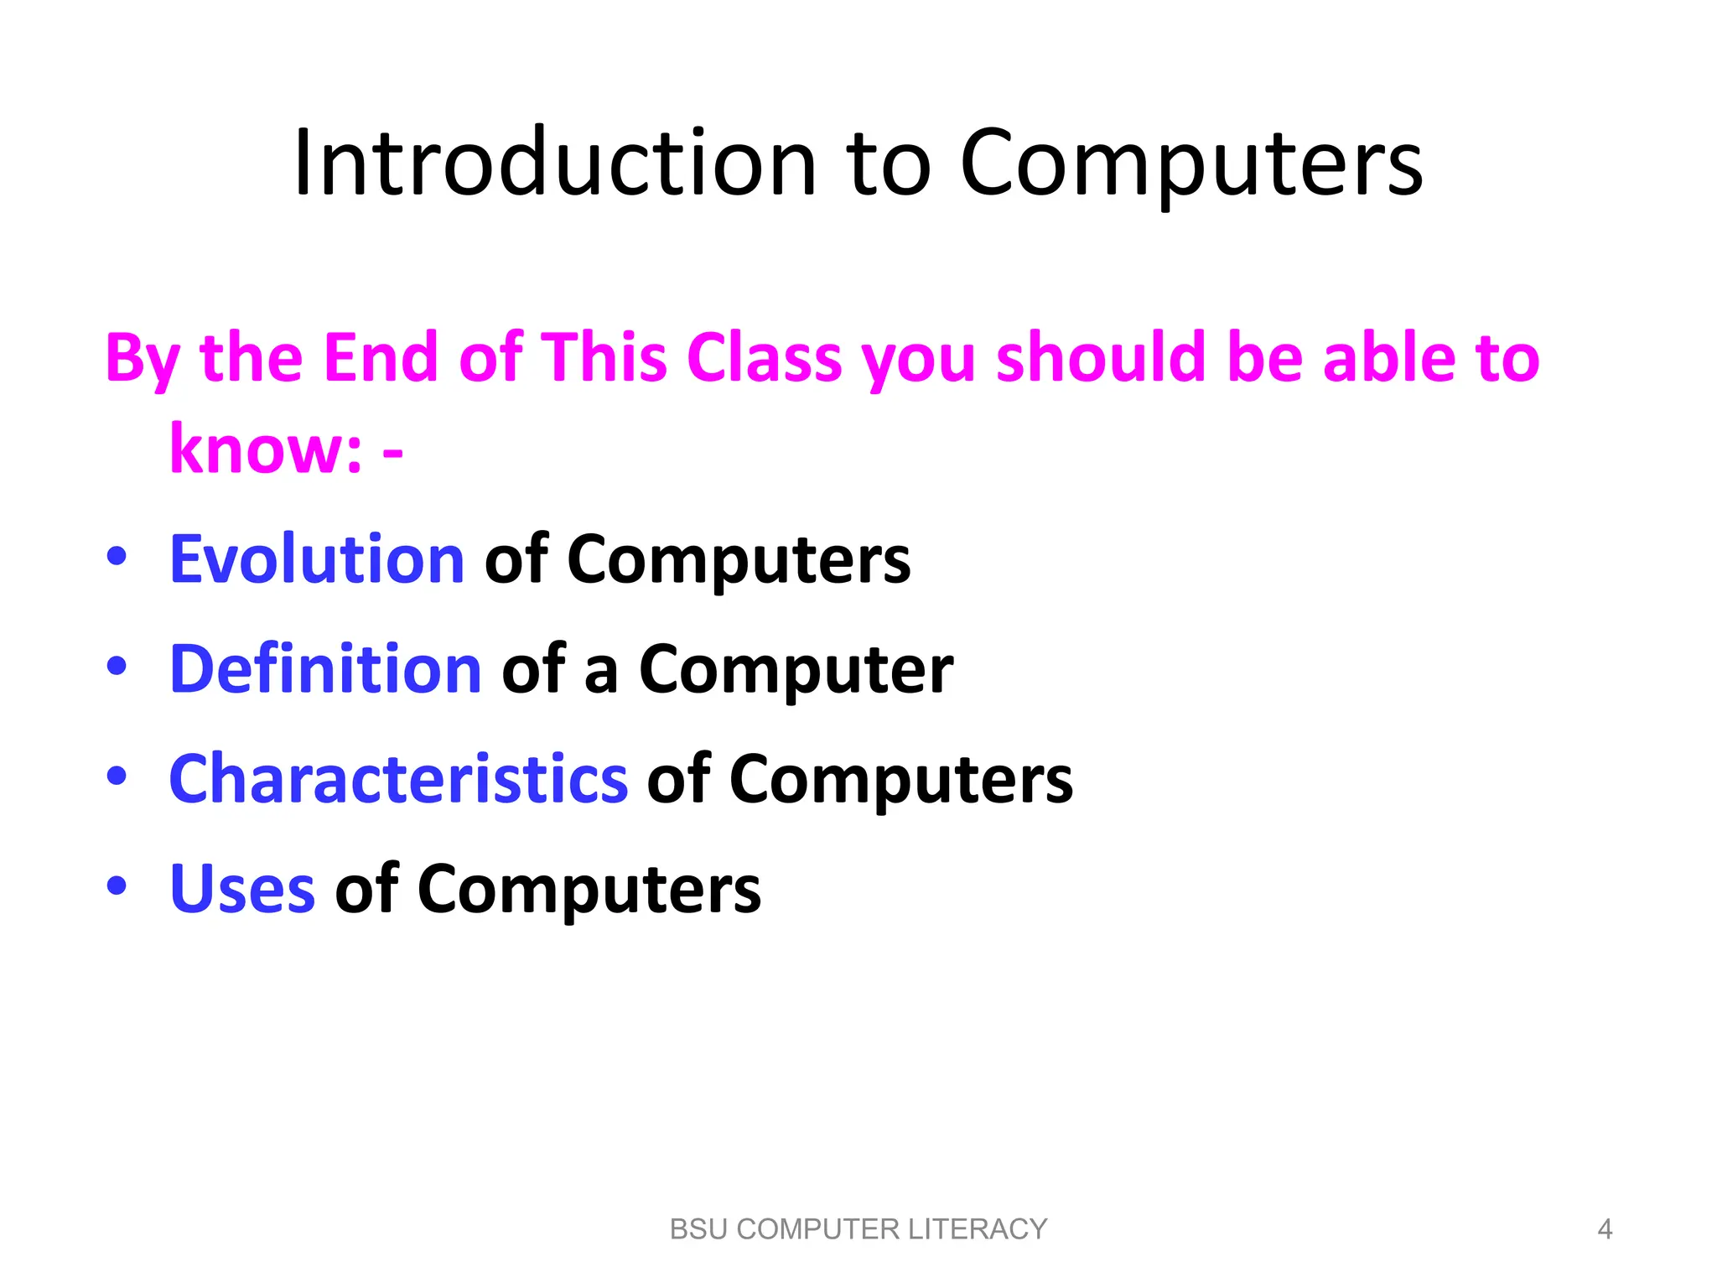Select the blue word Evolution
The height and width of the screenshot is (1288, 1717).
coord(317,559)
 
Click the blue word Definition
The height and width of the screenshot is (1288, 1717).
coord(325,669)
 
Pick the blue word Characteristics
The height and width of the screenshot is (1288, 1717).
coord(398,779)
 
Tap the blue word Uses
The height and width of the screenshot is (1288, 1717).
coord(242,889)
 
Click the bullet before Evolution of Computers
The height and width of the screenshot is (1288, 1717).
coord(117,556)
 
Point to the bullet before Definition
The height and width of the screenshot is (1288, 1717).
coord(117,666)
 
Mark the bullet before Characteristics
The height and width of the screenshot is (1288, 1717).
coord(117,776)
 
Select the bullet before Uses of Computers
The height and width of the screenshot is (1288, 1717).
coord(117,885)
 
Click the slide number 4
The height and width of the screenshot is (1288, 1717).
coord(1605,1229)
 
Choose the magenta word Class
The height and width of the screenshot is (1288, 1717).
coord(764,358)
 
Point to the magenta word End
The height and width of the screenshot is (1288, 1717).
coord(381,358)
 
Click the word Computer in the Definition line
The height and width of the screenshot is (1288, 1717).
coord(796,669)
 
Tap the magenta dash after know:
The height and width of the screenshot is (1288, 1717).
coord(392,454)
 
